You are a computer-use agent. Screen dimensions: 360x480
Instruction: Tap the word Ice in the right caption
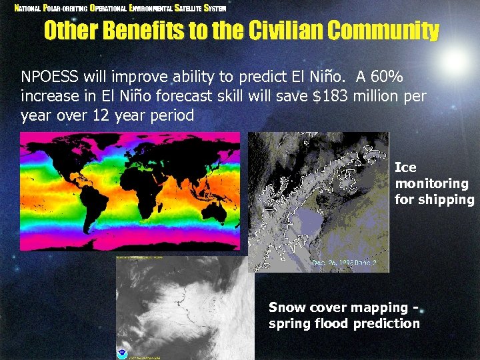pyautogui.click(x=405, y=167)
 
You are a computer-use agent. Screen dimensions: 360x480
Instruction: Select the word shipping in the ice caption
pyautogui.click(x=446, y=200)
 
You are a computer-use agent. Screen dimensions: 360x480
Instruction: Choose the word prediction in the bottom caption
pyautogui.click(x=387, y=324)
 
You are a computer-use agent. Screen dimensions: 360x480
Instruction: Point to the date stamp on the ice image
pyautogui.click(x=345, y=263)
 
